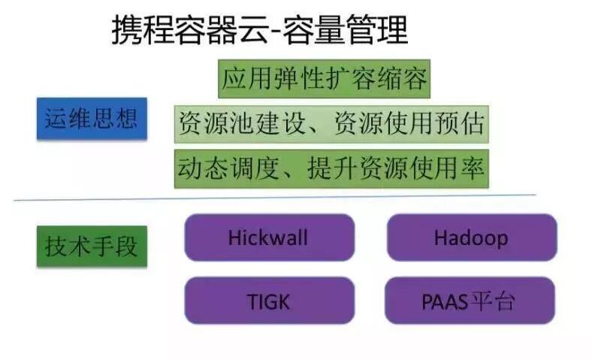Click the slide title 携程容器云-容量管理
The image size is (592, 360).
pos(259,30)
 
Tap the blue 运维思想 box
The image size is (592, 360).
pos(92,119)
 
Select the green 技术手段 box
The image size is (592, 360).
pos(92,247)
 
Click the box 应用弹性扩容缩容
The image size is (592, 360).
pos(324,79)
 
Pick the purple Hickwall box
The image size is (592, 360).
pos(269,237)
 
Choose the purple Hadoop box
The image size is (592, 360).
pos(472,237)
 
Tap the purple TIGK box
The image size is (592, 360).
pos(269,301)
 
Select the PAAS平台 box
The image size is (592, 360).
pos(470,301)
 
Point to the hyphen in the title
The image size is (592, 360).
pos(273,31)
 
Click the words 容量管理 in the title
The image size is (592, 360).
pos(345,30)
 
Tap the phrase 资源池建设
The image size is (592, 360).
pos(242,123)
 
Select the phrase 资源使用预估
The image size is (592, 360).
pos(409,123)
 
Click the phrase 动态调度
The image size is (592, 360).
pos(228,168)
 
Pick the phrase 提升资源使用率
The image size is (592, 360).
pos(396,168)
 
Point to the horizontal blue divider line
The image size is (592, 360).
pos(275,198)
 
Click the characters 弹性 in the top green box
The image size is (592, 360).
pos(298,79)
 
